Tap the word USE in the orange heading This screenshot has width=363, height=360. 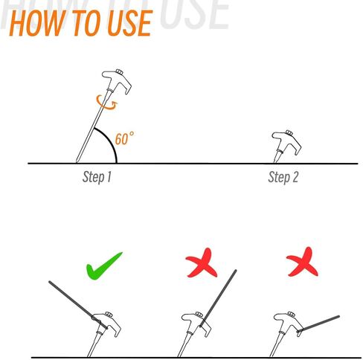(129, 23)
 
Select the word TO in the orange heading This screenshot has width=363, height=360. (86, 23)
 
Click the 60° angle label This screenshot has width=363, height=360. (125, 138)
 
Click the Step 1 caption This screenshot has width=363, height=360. (97, 177)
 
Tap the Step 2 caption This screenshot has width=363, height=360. (283, 177)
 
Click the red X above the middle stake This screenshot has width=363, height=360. (202, 263)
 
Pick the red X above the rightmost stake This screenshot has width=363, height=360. (302, 263)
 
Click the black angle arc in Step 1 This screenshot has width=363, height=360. (110, 139)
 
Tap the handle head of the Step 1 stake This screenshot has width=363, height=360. (117, 80)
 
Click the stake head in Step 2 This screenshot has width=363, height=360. (287, 141)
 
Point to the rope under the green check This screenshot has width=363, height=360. (78, 305)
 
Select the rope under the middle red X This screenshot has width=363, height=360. (218, 298)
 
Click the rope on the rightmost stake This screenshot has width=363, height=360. (318, 324)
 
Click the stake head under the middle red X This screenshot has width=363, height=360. (196, 323)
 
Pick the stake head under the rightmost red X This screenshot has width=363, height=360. (289, 323)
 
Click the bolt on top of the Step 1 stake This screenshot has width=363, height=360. (119, 72)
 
